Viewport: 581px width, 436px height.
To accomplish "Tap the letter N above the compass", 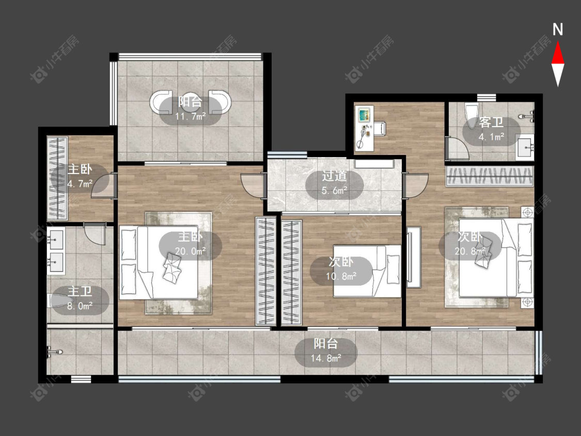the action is click(558, 29).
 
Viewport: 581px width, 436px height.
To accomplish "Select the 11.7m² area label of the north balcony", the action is click(191, 117).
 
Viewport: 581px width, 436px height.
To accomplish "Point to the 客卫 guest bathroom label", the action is click(491, 122).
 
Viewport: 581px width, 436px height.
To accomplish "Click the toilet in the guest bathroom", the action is click(472, 115).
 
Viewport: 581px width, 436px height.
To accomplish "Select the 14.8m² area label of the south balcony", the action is click(326, 359).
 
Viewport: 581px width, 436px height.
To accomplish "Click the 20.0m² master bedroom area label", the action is click(191, 252).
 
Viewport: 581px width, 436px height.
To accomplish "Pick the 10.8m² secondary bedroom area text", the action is click(341, 276).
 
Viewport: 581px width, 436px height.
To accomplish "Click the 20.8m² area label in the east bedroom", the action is click(470, 252).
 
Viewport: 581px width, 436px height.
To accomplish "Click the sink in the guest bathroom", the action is click(525, 148).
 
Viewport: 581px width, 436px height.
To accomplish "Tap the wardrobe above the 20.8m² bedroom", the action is click(489, 177).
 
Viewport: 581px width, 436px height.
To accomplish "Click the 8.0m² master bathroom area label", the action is click(80, 306).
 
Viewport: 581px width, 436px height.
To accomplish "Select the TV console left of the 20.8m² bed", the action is click(414, 257).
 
